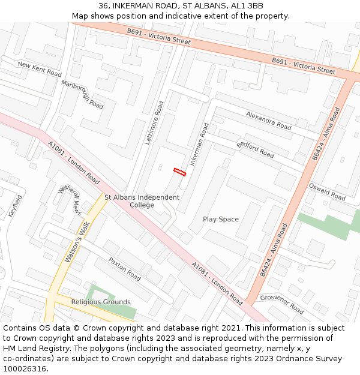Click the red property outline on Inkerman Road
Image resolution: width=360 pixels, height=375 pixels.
180,172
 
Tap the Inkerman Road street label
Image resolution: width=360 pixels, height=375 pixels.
199,145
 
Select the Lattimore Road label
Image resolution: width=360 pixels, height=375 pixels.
154,122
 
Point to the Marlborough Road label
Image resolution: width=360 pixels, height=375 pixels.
82,94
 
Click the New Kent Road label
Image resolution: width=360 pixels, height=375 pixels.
40,69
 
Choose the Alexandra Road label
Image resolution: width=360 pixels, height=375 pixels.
268,121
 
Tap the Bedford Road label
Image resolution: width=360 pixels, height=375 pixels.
255,150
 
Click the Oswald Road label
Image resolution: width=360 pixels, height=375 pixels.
326,192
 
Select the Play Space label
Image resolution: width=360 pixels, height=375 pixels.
220,219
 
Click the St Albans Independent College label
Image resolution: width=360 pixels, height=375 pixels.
142,201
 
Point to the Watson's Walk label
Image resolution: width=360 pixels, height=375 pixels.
76,242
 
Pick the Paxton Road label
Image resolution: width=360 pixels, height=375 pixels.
125,269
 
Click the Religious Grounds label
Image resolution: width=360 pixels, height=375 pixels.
101,302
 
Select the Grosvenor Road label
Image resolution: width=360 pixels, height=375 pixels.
282,304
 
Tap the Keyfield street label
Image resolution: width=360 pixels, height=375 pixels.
15,206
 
